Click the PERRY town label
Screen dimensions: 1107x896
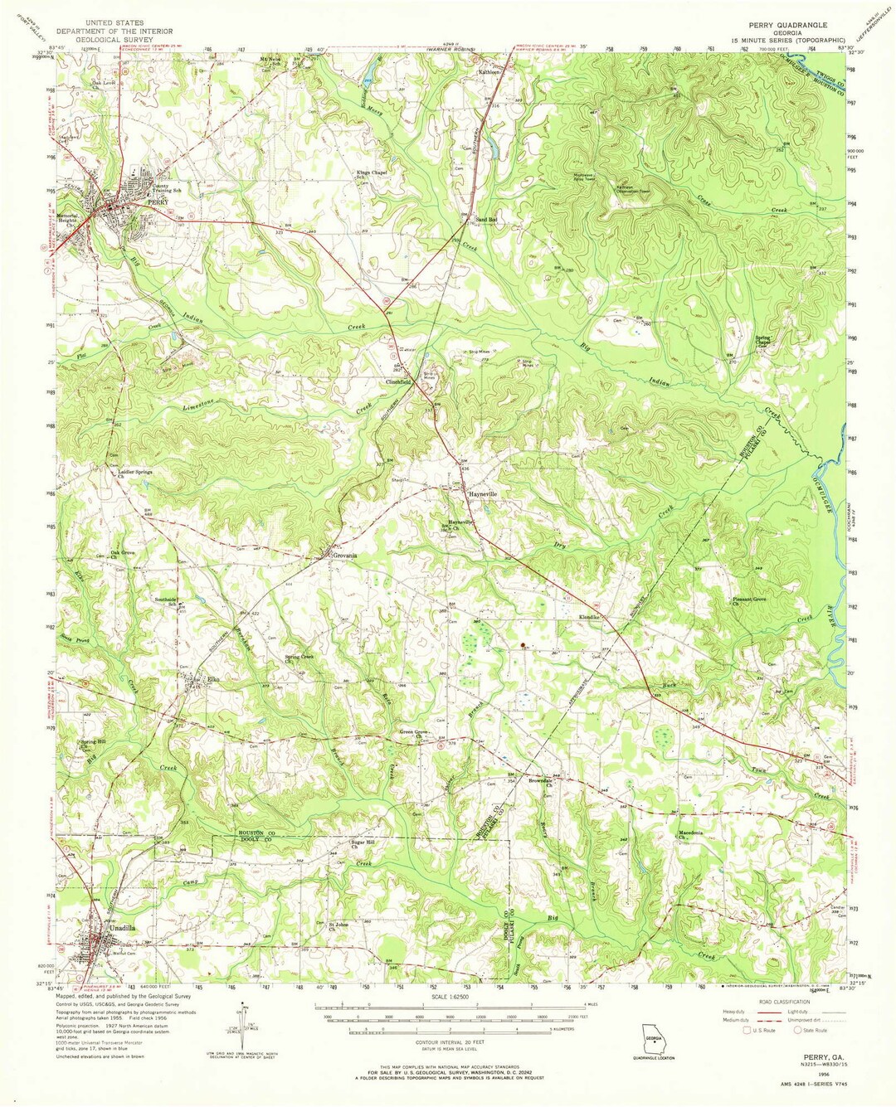pos(158,201)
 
